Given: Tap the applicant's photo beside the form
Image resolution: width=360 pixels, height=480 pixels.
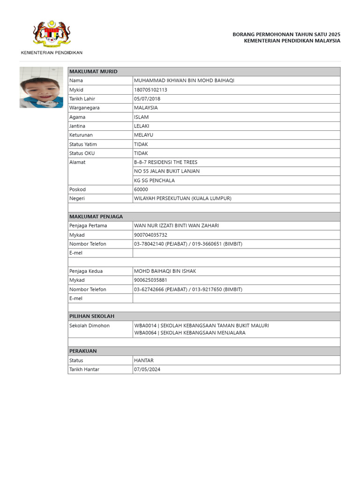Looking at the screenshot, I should pos(41,87).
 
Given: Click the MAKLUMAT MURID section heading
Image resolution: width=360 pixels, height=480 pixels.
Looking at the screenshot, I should pos(93,71).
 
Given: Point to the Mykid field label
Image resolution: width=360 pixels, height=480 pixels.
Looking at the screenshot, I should pos(76,90).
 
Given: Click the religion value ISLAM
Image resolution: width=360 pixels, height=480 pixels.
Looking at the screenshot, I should pos(142,117).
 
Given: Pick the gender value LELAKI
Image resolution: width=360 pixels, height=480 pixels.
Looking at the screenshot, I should pos(142,126).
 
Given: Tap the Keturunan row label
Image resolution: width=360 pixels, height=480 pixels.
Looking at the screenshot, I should pos(81,135).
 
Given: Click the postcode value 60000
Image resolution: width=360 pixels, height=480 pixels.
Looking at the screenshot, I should pos(141,189).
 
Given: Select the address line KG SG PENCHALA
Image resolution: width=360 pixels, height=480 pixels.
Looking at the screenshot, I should pos(154,180).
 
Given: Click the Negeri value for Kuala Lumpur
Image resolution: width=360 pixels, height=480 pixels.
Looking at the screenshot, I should pos(182,198).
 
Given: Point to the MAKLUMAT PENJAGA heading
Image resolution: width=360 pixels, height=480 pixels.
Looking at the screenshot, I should pos(96,217).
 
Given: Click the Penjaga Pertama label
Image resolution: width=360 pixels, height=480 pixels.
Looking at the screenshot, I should pos(88,225).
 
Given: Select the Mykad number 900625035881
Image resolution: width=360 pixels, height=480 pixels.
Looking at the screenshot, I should pos(150,280).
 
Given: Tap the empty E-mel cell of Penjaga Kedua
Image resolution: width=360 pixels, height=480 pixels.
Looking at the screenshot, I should pos(236,299).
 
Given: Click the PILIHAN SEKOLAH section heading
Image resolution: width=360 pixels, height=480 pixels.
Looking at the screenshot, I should pos(92,316).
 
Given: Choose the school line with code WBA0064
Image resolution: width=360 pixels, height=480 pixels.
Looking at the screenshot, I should pos(189,333).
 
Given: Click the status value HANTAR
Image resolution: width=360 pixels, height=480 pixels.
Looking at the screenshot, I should pos(144,360).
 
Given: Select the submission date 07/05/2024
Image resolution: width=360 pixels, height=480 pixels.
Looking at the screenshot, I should pos(147,369).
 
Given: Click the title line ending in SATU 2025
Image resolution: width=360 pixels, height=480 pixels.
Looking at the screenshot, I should pos(286,34).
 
